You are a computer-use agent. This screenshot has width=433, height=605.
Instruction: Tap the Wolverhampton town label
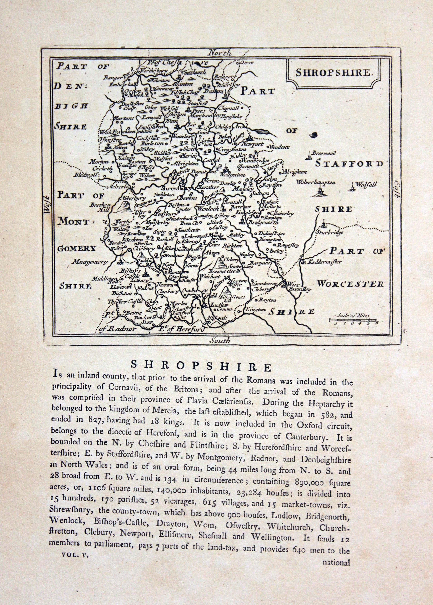coord(316,182)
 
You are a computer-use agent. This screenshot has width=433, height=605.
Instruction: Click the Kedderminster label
coord(324,262)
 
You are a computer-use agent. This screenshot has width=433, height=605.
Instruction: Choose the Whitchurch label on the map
coord(193,72)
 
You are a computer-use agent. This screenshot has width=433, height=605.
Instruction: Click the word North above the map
coord(220,53)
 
